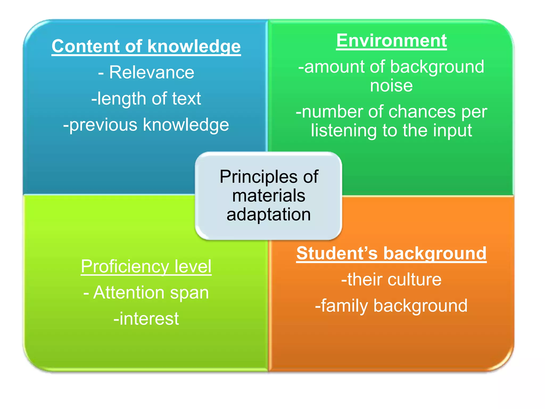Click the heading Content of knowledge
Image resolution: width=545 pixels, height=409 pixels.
coord(146,46)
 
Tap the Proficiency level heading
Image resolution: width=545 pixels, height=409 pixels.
coord(146,266)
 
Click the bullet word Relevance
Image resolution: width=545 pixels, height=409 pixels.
coord(152,72)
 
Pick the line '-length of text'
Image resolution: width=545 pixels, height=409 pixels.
coord(146,99)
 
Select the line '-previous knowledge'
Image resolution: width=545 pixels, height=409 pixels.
coord(146,125)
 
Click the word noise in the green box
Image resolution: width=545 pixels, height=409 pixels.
coord(391,86)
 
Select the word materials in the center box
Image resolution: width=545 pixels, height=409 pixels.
coord(269,196)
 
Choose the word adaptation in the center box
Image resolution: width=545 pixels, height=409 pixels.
coord(269,215)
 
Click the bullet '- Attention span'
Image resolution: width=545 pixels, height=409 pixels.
coord(146,293)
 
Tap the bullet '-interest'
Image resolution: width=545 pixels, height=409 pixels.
coord(146,319)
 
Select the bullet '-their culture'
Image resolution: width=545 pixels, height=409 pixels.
coord(391,280)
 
